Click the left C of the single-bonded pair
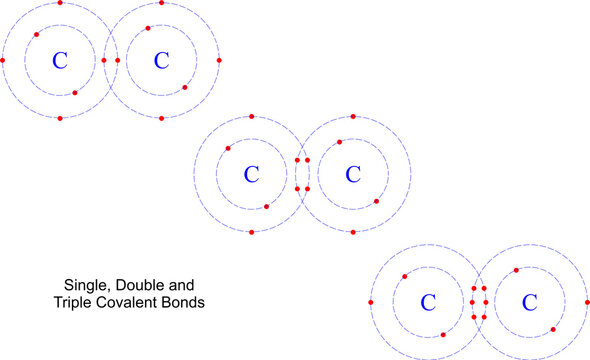(60, 61)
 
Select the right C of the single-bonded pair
(161, 61)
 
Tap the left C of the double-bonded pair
(251, 174)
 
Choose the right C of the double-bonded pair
(352, 174)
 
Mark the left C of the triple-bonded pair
(428, 302)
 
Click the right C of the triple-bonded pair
(529, 302)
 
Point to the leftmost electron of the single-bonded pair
(3, 61)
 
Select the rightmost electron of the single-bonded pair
(219, 61)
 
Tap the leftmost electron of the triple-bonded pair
(371, 302)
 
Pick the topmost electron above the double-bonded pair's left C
(251, 116)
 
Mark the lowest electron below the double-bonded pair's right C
(352, 232)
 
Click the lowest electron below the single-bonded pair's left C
(60, 118)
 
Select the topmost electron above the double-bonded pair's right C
(352, 116)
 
